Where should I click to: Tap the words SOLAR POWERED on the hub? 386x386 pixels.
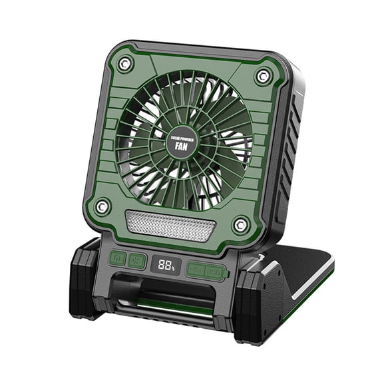pyautogui.click(x=178, y=137)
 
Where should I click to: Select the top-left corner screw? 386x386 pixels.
pyautogui.click(x=124, y=64)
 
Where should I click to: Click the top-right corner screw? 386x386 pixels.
pyautogui.click(x=263, y=75)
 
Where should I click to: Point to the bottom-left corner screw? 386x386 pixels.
pyautogui.click(x=102, y=206)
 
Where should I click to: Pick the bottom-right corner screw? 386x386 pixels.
pyautogui.click(x=240, y=225)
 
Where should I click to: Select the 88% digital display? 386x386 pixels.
pyautogui.click(x=166, y=266)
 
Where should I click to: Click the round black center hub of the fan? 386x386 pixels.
pyautogui.click(x=178, y=142)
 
